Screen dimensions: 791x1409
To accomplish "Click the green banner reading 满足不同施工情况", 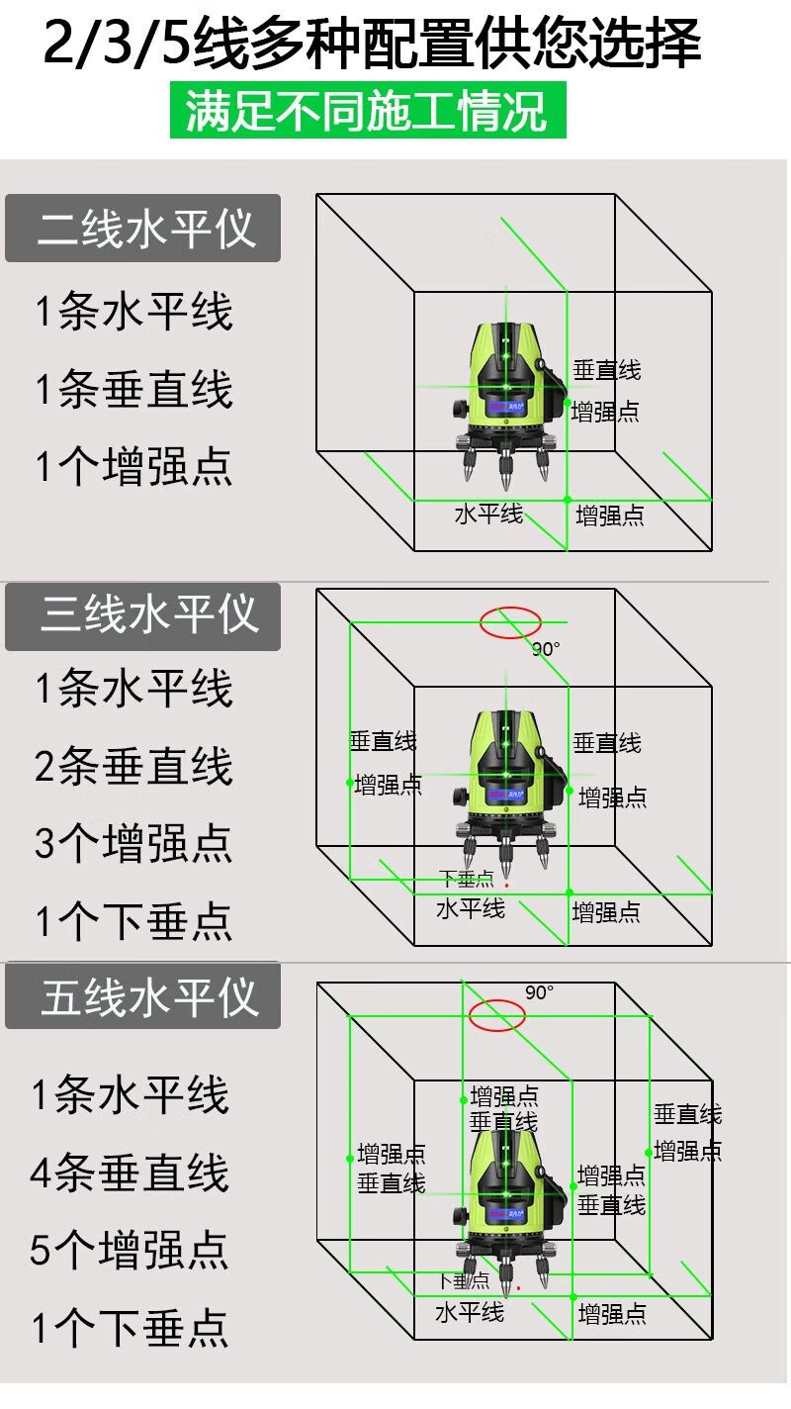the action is [x=368, y=110].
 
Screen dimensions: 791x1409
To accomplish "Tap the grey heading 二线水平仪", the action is [x=143, y=229].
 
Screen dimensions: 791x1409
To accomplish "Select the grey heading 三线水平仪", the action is [x=143, y=615].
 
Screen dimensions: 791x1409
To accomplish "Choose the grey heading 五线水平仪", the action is [x=143, y=997].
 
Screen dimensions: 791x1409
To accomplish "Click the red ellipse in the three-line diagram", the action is [x=510, y=622].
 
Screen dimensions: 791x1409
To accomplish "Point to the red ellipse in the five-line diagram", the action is [x=497, y=1014].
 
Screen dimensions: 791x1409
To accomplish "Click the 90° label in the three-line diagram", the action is [x=546, y=650].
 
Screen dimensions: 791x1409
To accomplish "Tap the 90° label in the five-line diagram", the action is [x=540, y=992].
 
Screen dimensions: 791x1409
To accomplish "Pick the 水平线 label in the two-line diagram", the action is [x=488, y=514].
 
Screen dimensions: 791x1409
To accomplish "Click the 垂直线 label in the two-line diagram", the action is [x=607, y=371].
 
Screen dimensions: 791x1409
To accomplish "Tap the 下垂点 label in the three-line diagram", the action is [x=466, y=878].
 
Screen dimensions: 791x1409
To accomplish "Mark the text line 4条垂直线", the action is [x=130, y=1174].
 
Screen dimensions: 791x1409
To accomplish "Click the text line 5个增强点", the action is [x=130, y=1251].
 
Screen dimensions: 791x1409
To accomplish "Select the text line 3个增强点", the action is [x=133, y=843].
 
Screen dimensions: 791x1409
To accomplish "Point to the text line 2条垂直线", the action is [x=133, y=767].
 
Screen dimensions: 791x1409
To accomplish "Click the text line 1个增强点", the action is [x=133, y=465].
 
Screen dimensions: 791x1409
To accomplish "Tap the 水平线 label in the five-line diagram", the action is [x=470, y=1312].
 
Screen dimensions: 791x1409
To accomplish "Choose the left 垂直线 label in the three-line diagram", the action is [x=384, y=741].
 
